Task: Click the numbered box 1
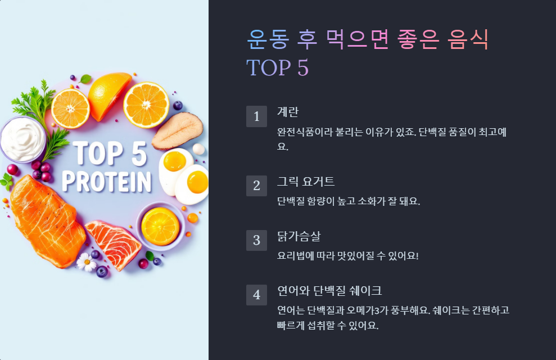point(256,116)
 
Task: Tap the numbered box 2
point(256,186)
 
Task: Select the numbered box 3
point(256,240)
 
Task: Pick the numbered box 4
point(256,295)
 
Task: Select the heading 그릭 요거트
point(306,181)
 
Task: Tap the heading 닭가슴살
point(299,236)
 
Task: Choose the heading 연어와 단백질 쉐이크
point(329,290)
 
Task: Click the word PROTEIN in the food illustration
point(107,182)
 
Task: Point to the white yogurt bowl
point(22,138)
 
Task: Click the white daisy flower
point(87,262)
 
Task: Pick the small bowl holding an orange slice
point(160,226)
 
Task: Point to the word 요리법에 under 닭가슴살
point(297,255)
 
